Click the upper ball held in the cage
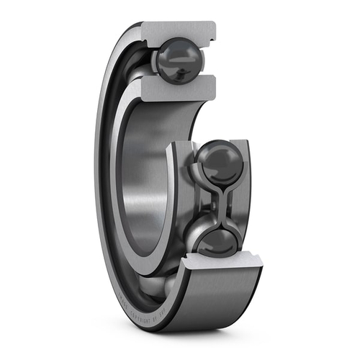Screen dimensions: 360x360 click(219, 162)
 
